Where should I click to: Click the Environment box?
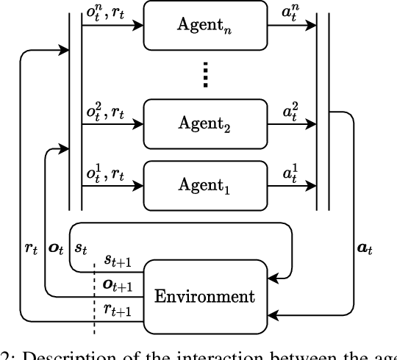[x=204, y=297]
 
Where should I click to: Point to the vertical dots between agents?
[x=206, y=73]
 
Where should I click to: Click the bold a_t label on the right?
[x=365, y=250]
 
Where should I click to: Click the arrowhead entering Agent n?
[x=137, y=23]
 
